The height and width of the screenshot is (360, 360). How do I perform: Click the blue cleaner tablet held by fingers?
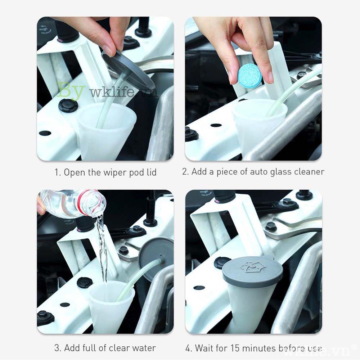click(x=249, y=76)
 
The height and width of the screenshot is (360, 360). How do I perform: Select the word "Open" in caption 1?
click(x=73, y=172)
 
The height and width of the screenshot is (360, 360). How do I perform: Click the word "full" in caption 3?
click(x=88, y=348)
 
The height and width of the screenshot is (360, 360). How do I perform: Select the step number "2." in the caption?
click(x=185, y=172)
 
